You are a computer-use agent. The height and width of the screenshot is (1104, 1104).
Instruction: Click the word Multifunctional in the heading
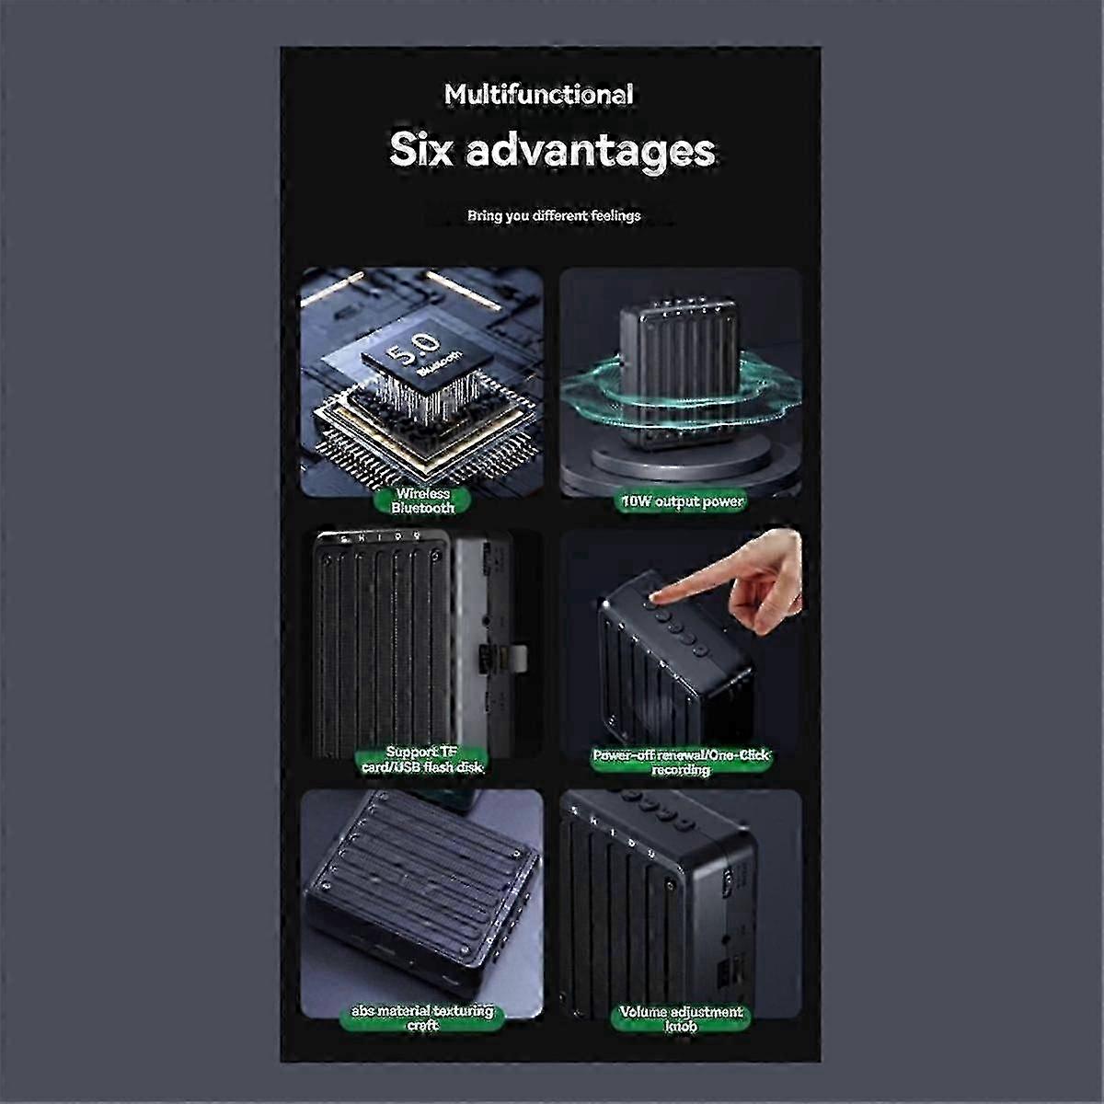pos(538,95)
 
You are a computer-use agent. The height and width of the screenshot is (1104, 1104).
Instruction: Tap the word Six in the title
pos(421,151)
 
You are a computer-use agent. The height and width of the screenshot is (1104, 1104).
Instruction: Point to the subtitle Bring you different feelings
pos(554,216)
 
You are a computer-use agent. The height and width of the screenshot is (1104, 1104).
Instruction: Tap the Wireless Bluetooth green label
pos(423,500)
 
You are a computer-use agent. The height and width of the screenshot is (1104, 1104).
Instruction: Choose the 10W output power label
pos(682,502)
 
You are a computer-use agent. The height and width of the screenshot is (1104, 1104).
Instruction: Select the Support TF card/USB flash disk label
pos(423,760)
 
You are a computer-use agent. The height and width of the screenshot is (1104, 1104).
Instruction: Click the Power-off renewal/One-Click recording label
pos(681,763)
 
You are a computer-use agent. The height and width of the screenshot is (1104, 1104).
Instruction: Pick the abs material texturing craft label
pos(422,1018)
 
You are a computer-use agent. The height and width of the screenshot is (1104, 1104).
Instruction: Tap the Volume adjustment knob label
pos(681,1019)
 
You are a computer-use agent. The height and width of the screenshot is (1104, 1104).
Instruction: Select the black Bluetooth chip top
pos(428,360)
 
